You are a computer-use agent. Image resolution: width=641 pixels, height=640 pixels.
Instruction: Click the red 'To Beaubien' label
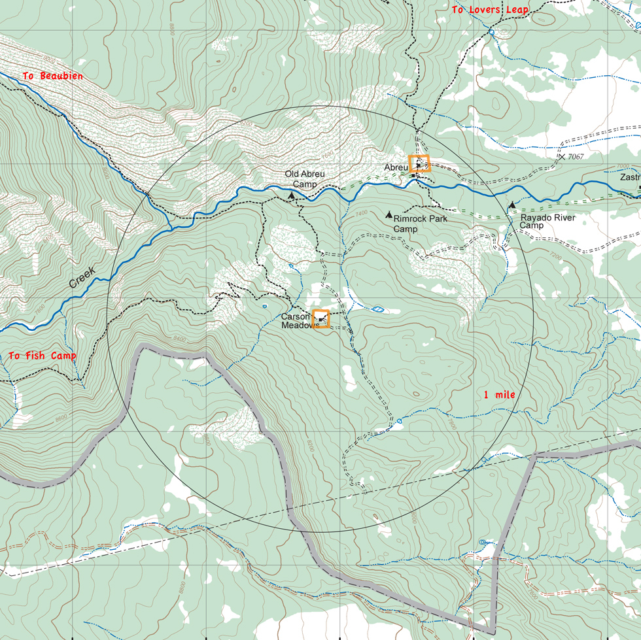point(52,76)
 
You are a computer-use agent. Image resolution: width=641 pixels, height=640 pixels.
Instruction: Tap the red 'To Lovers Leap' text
point(489,10)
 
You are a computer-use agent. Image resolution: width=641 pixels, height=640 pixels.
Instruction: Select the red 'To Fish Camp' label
point(42,356)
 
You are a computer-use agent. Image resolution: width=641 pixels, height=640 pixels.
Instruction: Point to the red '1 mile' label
point(499,395)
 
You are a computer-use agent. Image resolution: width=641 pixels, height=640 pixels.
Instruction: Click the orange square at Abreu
point(419,163)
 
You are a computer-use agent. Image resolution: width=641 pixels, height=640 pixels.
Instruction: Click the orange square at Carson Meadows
point(321,318)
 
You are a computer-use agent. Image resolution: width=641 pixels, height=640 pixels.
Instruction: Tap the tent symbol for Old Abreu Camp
point(291,195)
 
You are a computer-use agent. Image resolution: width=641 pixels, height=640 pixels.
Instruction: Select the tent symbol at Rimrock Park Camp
point(389,214)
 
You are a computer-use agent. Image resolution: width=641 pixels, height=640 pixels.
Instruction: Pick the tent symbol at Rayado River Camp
point(512,205)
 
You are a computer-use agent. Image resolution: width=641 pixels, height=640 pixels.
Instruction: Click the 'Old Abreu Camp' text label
point(304,179)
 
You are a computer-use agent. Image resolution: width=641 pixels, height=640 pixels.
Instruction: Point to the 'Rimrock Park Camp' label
point(420,224)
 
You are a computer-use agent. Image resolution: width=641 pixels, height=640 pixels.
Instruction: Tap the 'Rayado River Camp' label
point(547,222)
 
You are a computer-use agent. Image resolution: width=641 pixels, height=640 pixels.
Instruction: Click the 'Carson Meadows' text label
point(298,320)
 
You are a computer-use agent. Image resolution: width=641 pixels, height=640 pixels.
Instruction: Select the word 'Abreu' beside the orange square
point(396,168)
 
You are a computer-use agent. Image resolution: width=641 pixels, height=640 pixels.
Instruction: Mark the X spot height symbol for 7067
point(561,157)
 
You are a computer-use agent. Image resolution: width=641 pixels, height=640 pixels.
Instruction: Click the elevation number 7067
point(576,157)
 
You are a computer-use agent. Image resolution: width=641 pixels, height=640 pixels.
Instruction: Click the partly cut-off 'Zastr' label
point(630,177)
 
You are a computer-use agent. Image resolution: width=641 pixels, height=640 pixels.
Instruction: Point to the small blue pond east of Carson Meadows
point(377,309)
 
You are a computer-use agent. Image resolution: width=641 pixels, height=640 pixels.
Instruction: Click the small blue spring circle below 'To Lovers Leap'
point(491,32)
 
